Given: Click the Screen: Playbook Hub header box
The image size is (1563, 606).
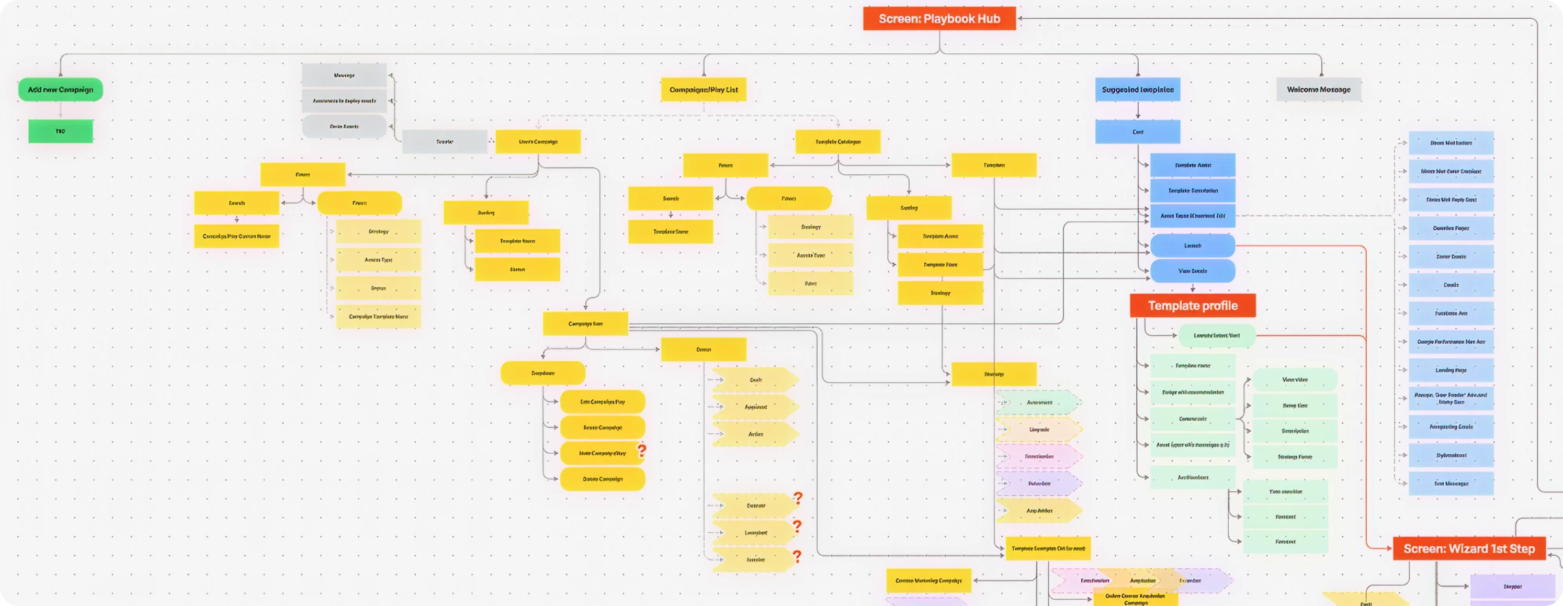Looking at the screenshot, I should coord(939,19).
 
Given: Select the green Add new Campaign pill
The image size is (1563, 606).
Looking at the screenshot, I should coord(61,90).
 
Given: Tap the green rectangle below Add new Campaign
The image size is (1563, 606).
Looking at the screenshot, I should coord(61,131).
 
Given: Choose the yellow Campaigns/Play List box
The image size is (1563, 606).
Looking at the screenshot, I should coord(703,90).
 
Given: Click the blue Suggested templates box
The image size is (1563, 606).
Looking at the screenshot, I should coord(1138,90).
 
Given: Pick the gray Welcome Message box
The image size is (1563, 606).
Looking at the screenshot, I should coord(1319,90).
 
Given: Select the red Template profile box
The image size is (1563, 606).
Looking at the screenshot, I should coord(1192,306).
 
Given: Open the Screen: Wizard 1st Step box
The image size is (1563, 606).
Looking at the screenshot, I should coord(1469,549).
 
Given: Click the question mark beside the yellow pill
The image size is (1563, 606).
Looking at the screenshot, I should coord(641,451).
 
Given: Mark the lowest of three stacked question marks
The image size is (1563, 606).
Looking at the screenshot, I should coord(797,556).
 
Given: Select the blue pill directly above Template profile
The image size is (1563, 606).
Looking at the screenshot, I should coord(1192,272).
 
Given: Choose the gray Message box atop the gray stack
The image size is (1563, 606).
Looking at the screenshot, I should coord(344,75).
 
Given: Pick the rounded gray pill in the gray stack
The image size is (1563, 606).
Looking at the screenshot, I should coord(344,126).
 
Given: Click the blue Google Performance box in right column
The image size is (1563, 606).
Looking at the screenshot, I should coord(1451,342).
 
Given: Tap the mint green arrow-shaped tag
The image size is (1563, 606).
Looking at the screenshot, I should coord(1039,402).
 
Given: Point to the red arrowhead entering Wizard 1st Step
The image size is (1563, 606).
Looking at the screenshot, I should coord(1389,548).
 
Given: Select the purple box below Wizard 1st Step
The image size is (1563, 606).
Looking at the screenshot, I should coord(1512,587).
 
